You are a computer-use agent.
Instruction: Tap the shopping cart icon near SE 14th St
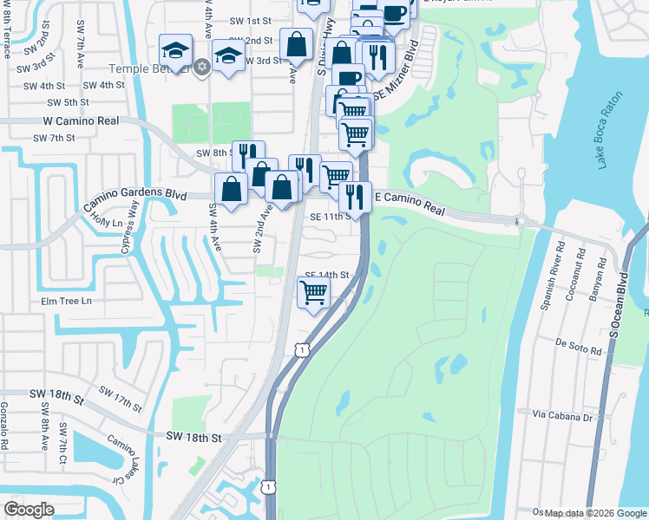click(x=313, y=292)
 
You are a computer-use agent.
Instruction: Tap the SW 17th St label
click(x=120, y=400)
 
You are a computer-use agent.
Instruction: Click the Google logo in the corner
click(x=29, y=509)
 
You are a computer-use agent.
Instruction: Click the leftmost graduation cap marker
click(x=175, y=52)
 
